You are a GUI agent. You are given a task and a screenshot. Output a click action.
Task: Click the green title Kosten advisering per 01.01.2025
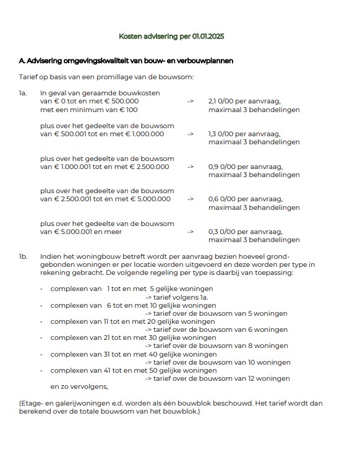coord(179,37)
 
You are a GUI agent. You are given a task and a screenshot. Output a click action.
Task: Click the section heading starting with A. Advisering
coord(126,61)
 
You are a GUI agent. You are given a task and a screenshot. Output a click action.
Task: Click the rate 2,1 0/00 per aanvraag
coord(245,101)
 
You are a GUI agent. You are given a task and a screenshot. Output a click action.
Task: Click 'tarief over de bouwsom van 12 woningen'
coord(217,378)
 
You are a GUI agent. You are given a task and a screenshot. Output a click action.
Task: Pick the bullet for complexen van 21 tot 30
coord(41,338)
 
